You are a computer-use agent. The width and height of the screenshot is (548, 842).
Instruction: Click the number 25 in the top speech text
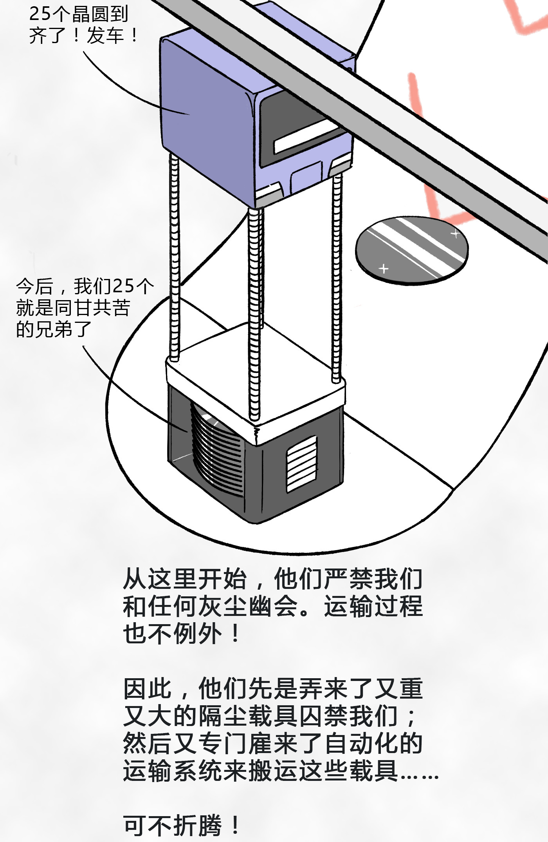(40, 14)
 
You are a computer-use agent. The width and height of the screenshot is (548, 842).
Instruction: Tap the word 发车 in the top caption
(105, 36)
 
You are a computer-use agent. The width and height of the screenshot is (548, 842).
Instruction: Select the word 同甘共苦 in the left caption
(92, 308)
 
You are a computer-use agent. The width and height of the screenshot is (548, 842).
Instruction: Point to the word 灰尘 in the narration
(223, 606)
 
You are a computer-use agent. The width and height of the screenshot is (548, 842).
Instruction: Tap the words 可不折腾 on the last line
(172, 825)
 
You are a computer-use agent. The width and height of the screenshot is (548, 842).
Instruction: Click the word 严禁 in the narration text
(348, 579)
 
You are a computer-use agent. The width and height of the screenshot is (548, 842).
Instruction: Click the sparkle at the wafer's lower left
(384, 268)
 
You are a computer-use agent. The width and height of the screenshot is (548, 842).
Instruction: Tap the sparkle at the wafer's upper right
(455, 234)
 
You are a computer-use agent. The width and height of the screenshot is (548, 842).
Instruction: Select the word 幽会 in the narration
(274, 606)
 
